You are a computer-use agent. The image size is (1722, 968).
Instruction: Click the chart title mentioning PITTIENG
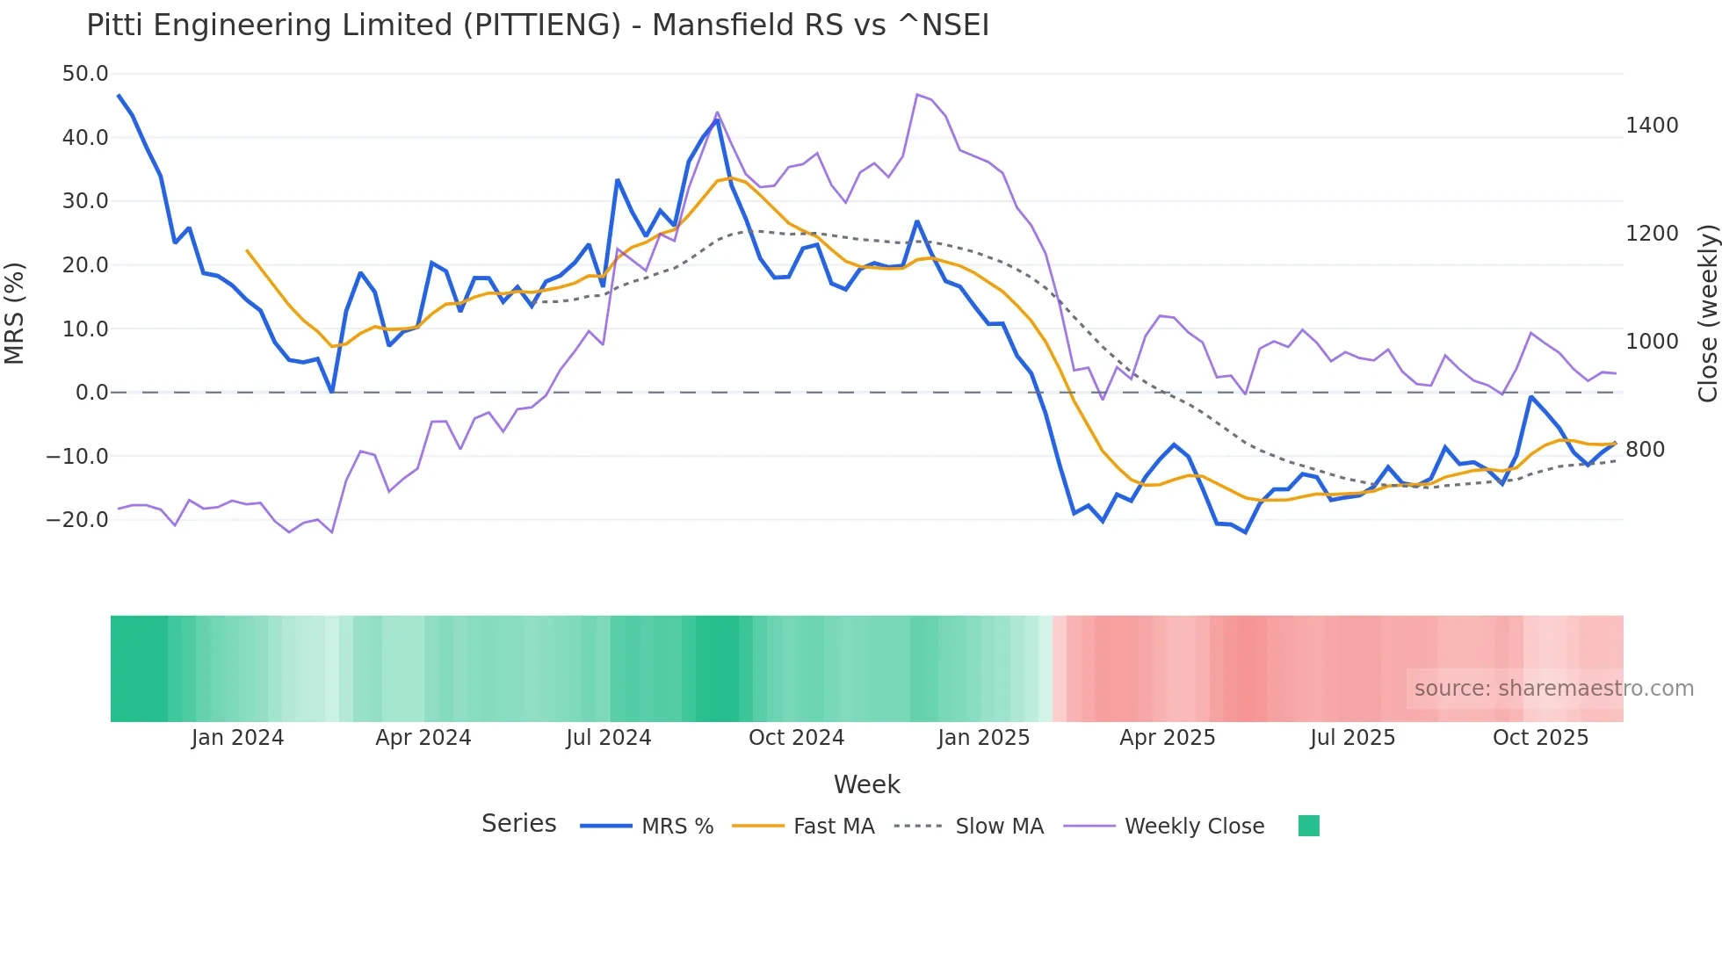coord(538,25)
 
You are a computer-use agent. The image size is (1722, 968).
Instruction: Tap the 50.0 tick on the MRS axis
coord(85,74)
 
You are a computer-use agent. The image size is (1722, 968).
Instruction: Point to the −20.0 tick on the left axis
coord(77,520)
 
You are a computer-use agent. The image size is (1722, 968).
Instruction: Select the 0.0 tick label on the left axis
coord(91,393)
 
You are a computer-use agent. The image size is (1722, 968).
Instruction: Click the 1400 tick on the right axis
coord(1652,126)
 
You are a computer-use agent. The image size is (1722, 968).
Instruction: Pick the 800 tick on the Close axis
coord(1645,450)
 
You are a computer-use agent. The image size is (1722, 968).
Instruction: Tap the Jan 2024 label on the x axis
coord(237,738)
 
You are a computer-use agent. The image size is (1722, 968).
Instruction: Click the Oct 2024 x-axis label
coord(796,738)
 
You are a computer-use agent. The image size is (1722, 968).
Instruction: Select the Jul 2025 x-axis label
coord(1352,738)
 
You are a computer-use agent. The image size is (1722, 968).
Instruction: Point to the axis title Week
coord(866,784)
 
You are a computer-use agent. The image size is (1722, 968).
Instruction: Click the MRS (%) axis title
coord(15,314)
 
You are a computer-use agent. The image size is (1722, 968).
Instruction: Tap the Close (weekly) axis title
coord(1707,314)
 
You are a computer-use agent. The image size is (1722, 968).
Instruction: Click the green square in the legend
coord(1308,826)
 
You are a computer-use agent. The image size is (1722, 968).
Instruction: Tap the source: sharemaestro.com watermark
coord(1553,689)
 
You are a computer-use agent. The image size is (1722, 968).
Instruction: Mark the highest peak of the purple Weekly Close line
coord(917,95)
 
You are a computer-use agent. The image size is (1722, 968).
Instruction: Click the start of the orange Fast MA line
coord(247,250)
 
